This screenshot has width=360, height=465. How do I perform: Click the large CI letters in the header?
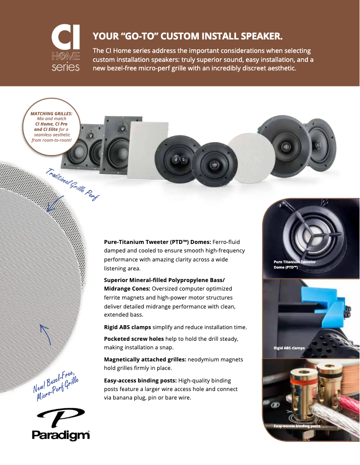click(x=66, y=39)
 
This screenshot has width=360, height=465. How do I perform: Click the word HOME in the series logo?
click(x=66, y=56)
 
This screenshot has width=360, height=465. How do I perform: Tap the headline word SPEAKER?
click(x=258, y=36)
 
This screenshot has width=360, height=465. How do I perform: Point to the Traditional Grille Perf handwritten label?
click(x=72, y=184)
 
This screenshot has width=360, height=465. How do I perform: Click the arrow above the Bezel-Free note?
click(x=44, y=335)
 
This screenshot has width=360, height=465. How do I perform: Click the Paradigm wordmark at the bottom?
click(x=61, y=435)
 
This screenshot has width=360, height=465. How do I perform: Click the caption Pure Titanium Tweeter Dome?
click(x=295, y=264)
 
